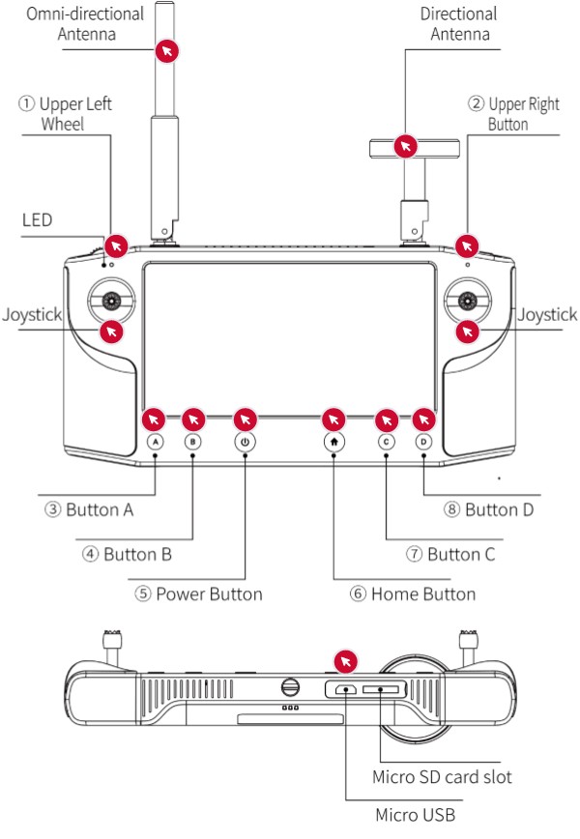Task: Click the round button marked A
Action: tap(157, 442)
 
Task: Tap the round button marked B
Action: tap(193, 442)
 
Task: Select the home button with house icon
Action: tap(333, 442)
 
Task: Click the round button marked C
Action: tap(386, 442)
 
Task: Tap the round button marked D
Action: tap(423, 442)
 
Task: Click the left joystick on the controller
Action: tap(112, 301)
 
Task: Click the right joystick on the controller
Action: tap(468, 301)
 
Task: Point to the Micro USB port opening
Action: tap(345, 689)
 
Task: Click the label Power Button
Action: tap(199, 593)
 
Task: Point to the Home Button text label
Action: tap(413, 593)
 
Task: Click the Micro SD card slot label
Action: tap(442, 777)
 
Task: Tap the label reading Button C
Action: tap(450, 554)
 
